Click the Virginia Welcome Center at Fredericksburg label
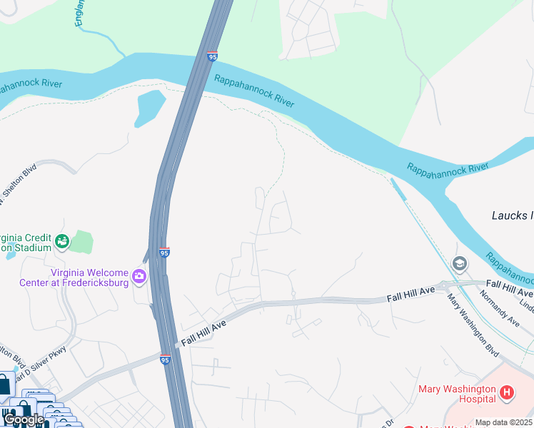tap(89, 277)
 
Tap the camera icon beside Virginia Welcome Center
tap(139, 276)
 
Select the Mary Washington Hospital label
tap(457, 394)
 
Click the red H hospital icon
tap(506, 392)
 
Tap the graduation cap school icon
tap(460, 264)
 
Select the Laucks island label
tap(513, 215)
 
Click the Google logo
tap(24, 420)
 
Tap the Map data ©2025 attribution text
tap(503, 422)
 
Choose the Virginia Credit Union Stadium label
tap(26, 243)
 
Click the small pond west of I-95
tap(150, 107)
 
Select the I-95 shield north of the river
tap(212, 56)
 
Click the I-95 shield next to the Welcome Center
tap(164, 252)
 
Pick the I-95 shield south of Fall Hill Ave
tap(166, 361)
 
